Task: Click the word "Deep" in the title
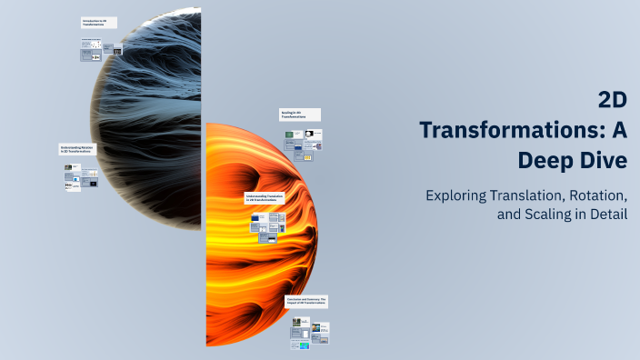[545, 161]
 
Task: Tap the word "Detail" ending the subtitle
[607, 215]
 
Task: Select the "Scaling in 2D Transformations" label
[296, 115]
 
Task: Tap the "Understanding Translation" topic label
[265, 198]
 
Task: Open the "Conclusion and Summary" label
[306, 301]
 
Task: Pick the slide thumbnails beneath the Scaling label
[305, 145]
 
